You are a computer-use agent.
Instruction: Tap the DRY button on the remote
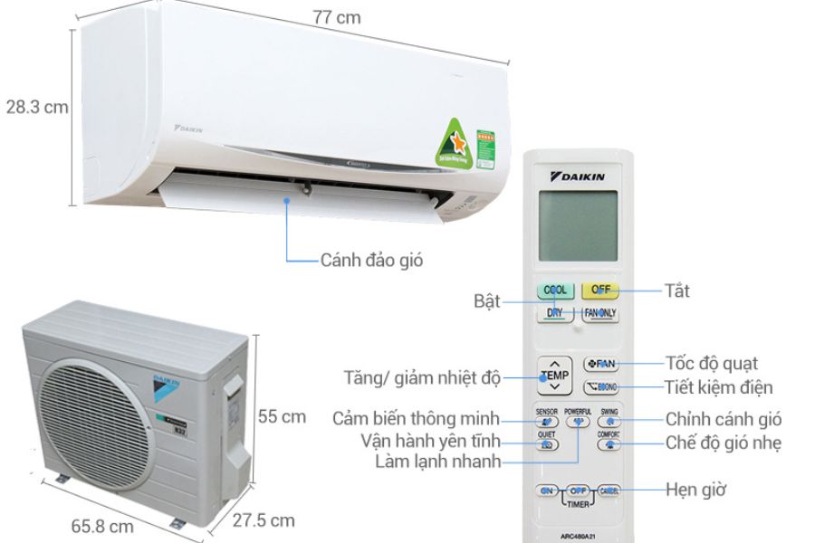tap(554, 313)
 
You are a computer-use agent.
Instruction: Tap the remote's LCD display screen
tap(577, 225)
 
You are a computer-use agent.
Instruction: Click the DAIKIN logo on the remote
tap(577, 175)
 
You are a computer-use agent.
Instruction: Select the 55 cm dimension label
tap(281, 417)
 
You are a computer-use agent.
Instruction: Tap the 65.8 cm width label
tap(103, 526)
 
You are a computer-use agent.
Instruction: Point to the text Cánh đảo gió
tap(371, 261)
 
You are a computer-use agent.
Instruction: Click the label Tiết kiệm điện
tap(719, 387)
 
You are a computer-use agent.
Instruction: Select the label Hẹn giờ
tap(695, 490)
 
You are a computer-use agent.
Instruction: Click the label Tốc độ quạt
tap(712, 364)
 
